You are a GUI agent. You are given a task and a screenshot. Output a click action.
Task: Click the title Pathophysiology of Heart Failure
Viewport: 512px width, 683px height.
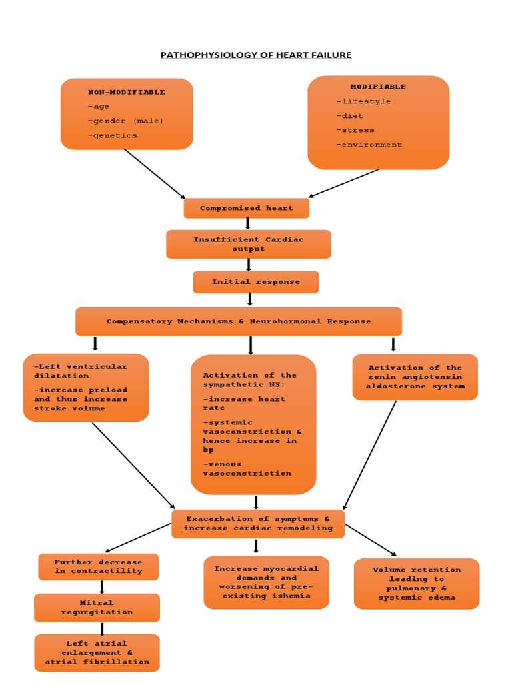point(255,55)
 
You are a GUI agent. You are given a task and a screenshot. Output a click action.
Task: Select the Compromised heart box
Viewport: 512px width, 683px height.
point(247,208)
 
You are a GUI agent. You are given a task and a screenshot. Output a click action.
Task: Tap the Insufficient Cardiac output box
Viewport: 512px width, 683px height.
point(248,244)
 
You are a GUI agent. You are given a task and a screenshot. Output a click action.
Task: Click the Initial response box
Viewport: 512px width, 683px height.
point(256,282)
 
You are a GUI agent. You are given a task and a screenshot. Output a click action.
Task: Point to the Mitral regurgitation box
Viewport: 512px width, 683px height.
point(97,608)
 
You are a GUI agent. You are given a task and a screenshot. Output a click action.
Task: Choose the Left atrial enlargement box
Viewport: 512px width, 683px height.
point(97,652)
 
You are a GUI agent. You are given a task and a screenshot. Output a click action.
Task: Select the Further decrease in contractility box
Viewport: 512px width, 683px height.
point(99,566)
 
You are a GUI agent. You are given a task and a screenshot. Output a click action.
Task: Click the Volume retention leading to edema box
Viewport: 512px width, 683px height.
point(417,584)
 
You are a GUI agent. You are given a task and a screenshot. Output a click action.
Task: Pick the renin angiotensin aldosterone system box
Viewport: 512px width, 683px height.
point(415,377)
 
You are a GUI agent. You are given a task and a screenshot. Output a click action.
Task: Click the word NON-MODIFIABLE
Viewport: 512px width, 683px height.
point(126,92)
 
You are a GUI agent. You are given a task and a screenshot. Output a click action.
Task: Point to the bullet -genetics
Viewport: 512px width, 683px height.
point(112,135)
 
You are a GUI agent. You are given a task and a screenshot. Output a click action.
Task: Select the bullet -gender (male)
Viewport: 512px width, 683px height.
point(125,121)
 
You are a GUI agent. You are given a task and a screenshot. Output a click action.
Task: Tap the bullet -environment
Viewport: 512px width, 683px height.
point(369,145)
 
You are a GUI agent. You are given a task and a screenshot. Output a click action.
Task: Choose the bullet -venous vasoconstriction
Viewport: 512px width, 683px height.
point(247,468)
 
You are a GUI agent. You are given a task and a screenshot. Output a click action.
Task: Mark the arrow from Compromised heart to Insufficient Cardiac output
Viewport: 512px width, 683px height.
point(248,224)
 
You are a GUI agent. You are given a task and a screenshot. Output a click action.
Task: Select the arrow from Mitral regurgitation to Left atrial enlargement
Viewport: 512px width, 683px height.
point(102,628)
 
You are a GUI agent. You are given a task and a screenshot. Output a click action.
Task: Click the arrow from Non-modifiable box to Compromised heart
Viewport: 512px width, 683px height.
point(155,173)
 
